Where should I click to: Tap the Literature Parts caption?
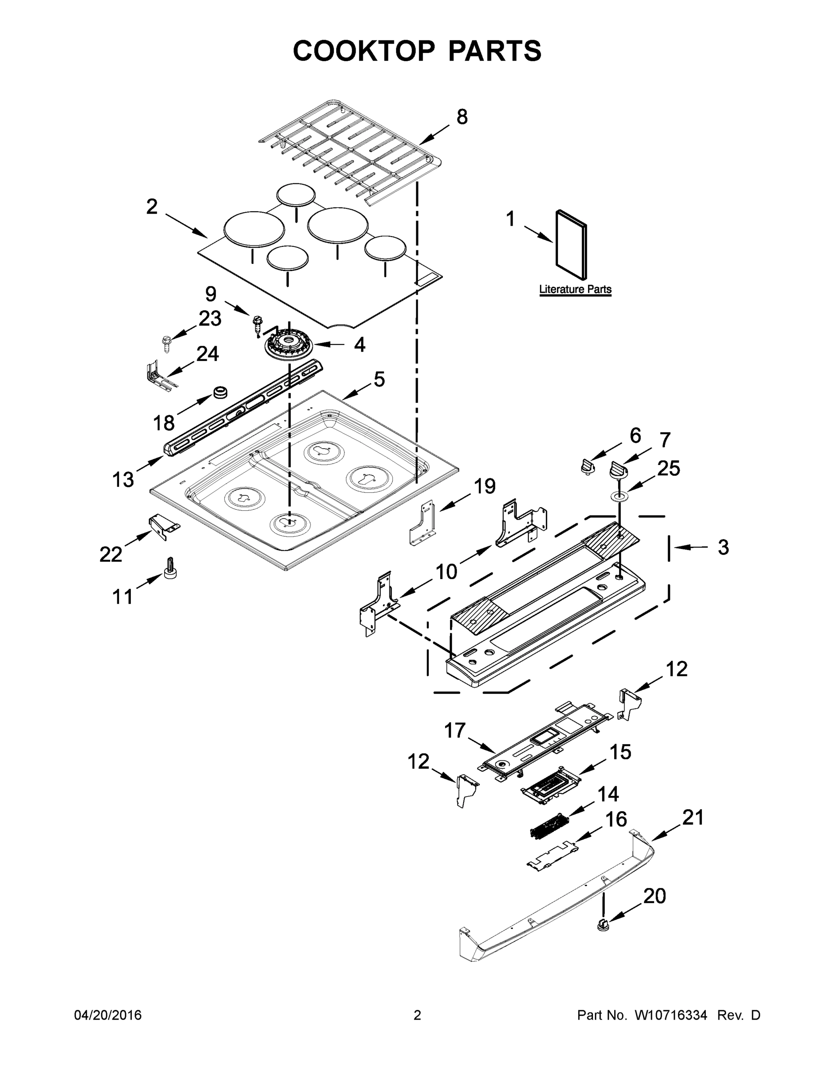(x=575, y=290)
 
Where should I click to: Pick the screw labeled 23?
(x=166, y=343)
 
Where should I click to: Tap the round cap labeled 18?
(x=220, y=393)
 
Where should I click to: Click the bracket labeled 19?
(x=424, y=524)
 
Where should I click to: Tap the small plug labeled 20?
(x=602, y=923)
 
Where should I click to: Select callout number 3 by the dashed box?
(x=723, y=548)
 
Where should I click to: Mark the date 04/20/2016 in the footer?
(x=108, y=1015)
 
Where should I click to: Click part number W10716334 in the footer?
(x=670, y=1015)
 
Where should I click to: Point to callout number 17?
(x=455, y=730)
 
